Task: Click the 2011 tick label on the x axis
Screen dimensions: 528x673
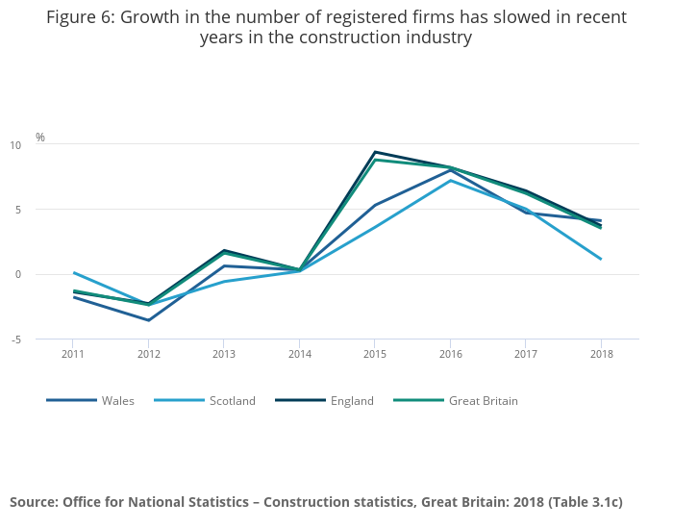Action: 73,355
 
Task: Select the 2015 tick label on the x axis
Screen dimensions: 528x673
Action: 374,355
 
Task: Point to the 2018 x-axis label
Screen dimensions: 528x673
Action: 600,355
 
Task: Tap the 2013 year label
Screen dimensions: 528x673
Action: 223,355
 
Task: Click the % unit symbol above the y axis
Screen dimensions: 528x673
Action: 40,138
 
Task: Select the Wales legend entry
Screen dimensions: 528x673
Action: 118,401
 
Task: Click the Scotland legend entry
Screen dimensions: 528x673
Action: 232,401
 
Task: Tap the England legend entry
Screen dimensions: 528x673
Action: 351,401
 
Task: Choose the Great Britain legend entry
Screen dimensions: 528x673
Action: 483,401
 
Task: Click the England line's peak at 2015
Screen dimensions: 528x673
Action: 374,152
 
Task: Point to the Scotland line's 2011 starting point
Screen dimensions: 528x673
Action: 74,273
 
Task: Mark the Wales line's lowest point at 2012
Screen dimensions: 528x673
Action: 148,320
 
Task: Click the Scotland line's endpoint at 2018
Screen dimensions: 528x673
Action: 601,259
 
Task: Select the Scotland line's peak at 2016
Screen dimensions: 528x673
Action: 450,180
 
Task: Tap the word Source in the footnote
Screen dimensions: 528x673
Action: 35,502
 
